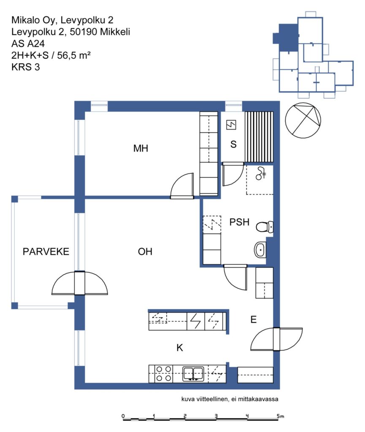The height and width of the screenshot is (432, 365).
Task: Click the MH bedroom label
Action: pyautogui.click(x=141, y=148)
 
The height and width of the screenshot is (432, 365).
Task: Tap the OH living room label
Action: pyautogui.click(x=145, y=251)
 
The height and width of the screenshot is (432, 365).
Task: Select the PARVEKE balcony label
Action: pyautogui.click(x=46, y=251)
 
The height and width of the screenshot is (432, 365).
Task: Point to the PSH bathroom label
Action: pyautogui.click(x=239, y=222)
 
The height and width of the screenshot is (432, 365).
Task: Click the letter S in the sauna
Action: pyautogui.click(x=233, y=144)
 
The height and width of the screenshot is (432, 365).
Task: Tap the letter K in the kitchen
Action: pyautogui.click(x=180, y=348)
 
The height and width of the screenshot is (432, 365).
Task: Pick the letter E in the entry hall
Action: pyautogui.click(x=254, y=319)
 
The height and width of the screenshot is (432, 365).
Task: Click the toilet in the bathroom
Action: pyautogui.click(x=265, y=227)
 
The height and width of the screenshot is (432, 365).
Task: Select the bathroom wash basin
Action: pyautogui.click(x=260, y=250)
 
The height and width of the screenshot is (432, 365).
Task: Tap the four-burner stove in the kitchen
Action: pyautogui.click(x=164, y=374)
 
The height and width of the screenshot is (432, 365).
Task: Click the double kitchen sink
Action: pyautogui.click(x=193, y=374)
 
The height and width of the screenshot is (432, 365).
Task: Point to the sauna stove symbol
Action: pyautogui.click(x=231, y=125)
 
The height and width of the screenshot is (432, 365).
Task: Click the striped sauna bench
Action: pyautogui.click(x=259, y=137)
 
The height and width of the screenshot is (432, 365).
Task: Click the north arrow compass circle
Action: pyautogui.click(x=303, y=120)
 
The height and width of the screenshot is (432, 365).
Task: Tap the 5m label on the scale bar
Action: pyautogui.click(x=280, y=416)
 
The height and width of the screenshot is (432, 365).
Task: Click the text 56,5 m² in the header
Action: pyautogui.click(x=74, y=55)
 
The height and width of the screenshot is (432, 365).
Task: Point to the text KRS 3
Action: pyautogui.click(x=26, y=67)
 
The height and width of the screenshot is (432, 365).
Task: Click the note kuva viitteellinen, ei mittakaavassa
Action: pyautogui.click(x=230, y=399)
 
